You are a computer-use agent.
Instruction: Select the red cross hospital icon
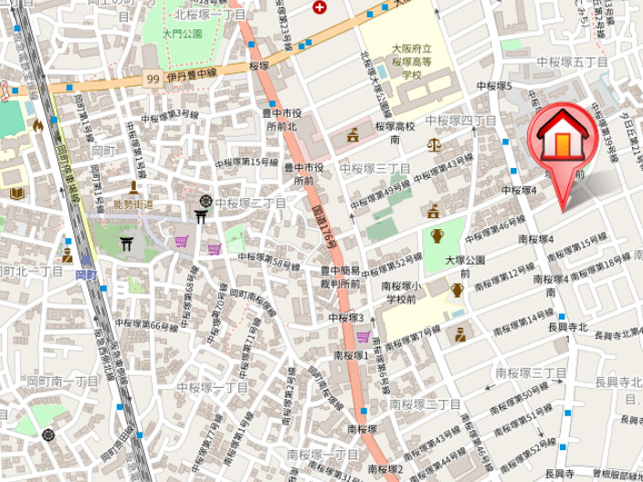coord(319,7)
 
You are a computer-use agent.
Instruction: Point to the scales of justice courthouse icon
coord(433,145)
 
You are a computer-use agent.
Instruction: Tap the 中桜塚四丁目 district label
coord(460,120)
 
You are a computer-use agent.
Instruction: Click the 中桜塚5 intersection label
coord(494,87)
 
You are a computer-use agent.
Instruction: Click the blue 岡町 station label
coord(86,273)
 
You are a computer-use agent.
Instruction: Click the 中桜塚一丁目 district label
coord(212,387)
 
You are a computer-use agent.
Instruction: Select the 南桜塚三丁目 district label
coord(532,372)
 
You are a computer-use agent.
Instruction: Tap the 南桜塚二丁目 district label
coord(426,403)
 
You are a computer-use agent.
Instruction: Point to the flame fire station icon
coord(37,126)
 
